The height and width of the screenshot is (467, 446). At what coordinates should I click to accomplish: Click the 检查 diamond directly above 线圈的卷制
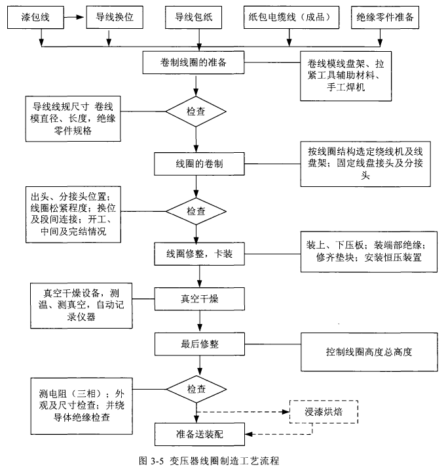(x=196, y=111)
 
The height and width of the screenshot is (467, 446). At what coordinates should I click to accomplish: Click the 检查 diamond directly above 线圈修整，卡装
(x=196, y=211)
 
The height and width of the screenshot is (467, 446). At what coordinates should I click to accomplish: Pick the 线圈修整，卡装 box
(x=196, y=254)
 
